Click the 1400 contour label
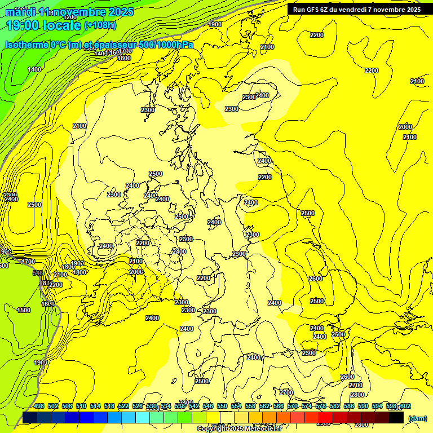(x=34, y=69)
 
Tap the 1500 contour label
(x=24, y=310)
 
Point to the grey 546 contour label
(x=38, y=273)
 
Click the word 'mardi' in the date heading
(x=21, y=11)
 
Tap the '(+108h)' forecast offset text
(x=100, y=25)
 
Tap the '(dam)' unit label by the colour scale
(x=417, y=418)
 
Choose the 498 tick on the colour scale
(x=39, y=406)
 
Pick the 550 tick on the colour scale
(x=222, y=406)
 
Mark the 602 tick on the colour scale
(x=405, y=406)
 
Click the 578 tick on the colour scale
(x=321, y=406)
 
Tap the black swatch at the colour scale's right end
(x=396, y=417)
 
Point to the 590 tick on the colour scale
(x=363, y=406)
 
